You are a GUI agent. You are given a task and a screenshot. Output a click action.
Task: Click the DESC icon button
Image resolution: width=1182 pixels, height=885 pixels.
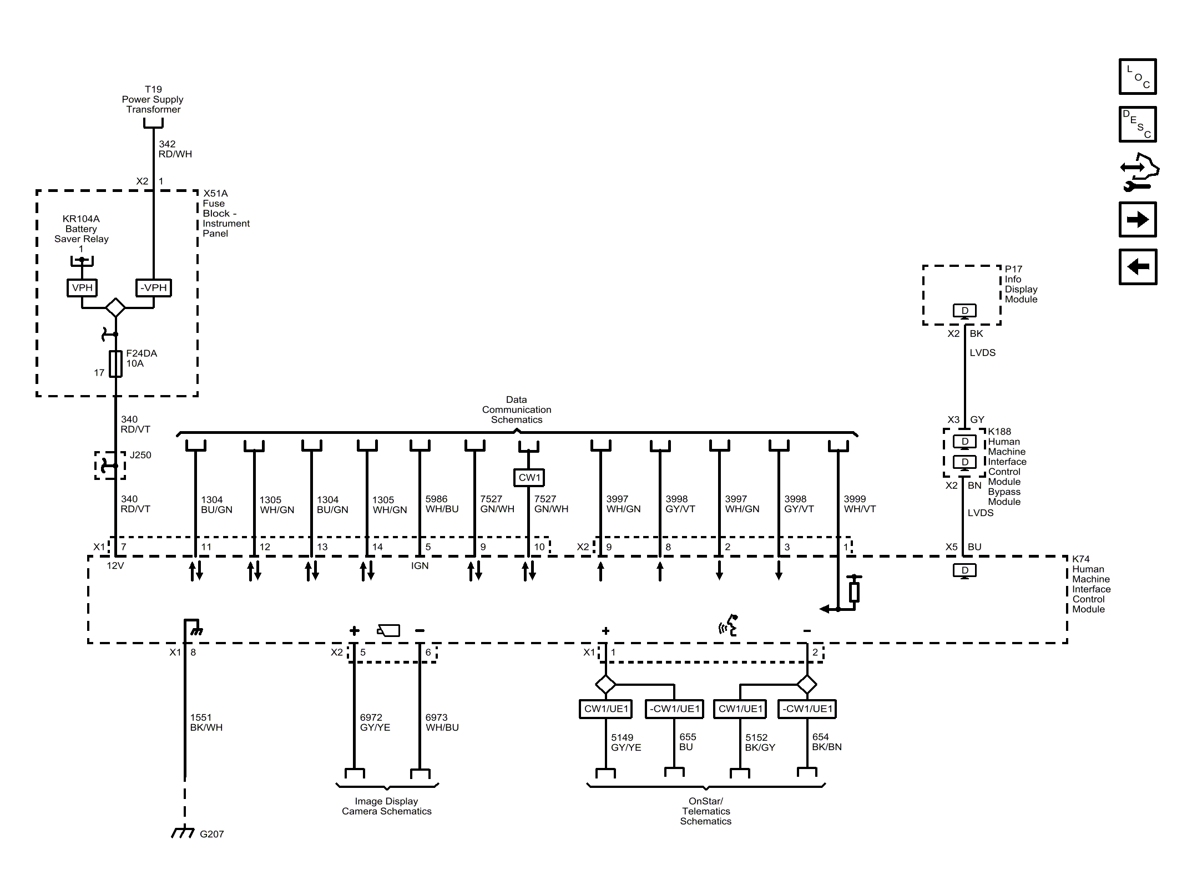[1137, 124]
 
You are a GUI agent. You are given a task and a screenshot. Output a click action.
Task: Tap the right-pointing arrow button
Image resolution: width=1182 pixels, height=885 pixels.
[1137, 220]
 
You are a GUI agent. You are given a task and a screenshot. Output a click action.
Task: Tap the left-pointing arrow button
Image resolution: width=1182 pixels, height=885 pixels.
[1137, 267]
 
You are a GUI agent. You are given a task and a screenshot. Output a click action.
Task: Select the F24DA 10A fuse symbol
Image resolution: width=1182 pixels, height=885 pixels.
[115, 363]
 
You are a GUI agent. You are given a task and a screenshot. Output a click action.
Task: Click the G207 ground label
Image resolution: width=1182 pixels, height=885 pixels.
[211, 834]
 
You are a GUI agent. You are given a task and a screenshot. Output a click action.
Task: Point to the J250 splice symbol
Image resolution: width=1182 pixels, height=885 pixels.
[110, 466]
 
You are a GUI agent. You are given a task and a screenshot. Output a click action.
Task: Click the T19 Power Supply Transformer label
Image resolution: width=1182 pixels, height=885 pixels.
[153, 99]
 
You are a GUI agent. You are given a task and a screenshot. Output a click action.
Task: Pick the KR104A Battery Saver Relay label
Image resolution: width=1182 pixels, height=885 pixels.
[81, 229]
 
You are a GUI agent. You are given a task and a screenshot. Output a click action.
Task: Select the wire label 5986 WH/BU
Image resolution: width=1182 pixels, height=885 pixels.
[442, 504]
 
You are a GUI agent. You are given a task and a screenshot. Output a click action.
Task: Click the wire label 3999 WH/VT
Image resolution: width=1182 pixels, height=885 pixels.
[860, 504]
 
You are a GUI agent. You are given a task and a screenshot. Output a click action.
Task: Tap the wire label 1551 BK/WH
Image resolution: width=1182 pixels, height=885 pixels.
[206, 722]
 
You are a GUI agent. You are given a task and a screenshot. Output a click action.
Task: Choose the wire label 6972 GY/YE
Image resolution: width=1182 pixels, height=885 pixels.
[375, 722]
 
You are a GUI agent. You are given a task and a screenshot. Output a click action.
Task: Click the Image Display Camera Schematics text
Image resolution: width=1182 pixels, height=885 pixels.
[386, 806]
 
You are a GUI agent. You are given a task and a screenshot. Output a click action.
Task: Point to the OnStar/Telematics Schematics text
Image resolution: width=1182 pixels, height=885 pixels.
[705, 811]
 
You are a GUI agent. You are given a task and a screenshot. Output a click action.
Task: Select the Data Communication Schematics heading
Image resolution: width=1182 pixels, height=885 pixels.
[516, 409]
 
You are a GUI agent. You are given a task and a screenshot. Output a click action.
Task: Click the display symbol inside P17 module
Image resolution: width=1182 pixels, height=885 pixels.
[964, 311]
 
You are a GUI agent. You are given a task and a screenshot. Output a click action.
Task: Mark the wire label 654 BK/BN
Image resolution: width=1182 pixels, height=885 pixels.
[826, 742]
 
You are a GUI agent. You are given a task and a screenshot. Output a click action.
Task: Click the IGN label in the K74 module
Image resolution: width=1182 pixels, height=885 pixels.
[420, 566]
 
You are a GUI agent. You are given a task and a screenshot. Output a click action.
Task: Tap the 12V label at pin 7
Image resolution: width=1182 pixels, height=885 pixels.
[115, 566]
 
